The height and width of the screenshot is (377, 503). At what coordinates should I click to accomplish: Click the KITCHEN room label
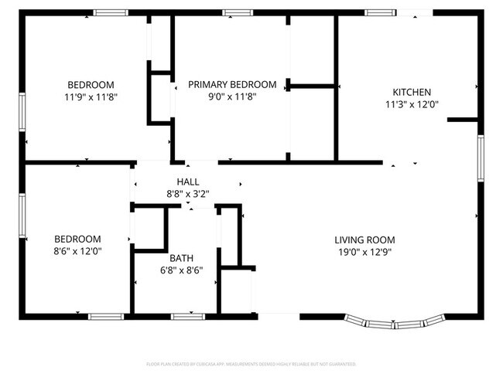click(x=412, y=92)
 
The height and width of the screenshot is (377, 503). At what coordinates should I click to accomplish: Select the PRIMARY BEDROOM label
click(x=232, y=84)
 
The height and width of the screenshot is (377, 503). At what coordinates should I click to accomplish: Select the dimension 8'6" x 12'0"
click(x=77, y=251)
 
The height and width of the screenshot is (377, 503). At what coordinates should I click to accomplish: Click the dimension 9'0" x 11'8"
click(x=232, y=97)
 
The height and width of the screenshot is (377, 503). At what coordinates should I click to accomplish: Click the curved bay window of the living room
click(x=395, y=321)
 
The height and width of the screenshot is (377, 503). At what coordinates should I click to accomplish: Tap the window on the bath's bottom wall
click(x=186, y=316)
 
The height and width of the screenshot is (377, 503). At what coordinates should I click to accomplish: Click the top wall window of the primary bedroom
click(x=233, y=12)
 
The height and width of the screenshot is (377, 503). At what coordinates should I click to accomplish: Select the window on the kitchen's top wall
click(x=378, y=12)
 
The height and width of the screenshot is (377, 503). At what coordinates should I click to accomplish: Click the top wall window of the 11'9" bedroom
click(x=111, y=12)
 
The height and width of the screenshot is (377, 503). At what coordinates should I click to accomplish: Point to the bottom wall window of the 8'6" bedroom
click(x=105, y=316)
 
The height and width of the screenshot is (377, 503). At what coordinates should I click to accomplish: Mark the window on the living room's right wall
click(x=481, y=158)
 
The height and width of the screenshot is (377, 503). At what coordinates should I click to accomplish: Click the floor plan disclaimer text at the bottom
click(x=251, y=363)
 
